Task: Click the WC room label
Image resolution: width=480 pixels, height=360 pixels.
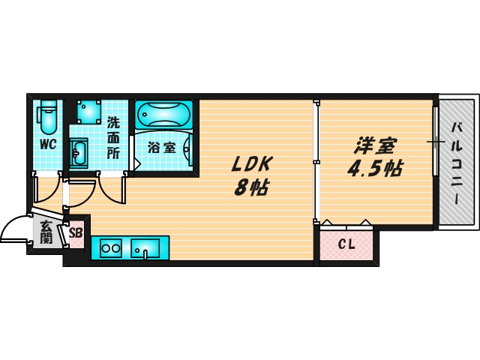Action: pyautogui.click(x=48, y=144)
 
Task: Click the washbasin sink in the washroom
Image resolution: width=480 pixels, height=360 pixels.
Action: pyautogui.click(x=79, y=154)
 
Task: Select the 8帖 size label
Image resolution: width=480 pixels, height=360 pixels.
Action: pyautogui.click(x=250, y=187)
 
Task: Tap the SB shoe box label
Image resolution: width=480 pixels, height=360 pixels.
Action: pyautogui.click(x=76, y=232)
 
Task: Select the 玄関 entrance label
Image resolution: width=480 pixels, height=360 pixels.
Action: pyautogui.click(x=46, y=232)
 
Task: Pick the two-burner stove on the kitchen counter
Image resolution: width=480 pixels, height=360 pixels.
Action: pyautogui.click(x=111, y=247)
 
